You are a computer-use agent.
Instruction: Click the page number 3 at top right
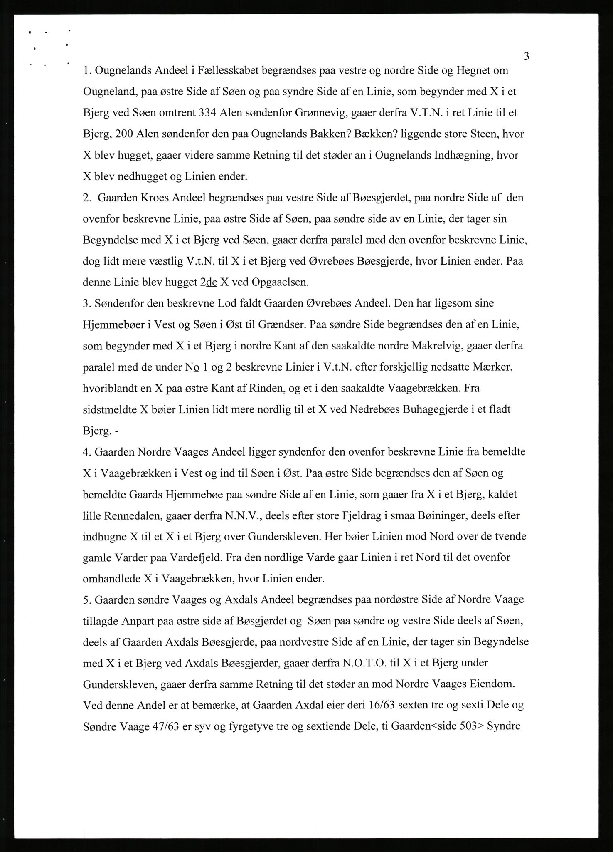526,56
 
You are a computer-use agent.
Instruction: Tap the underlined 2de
209,282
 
